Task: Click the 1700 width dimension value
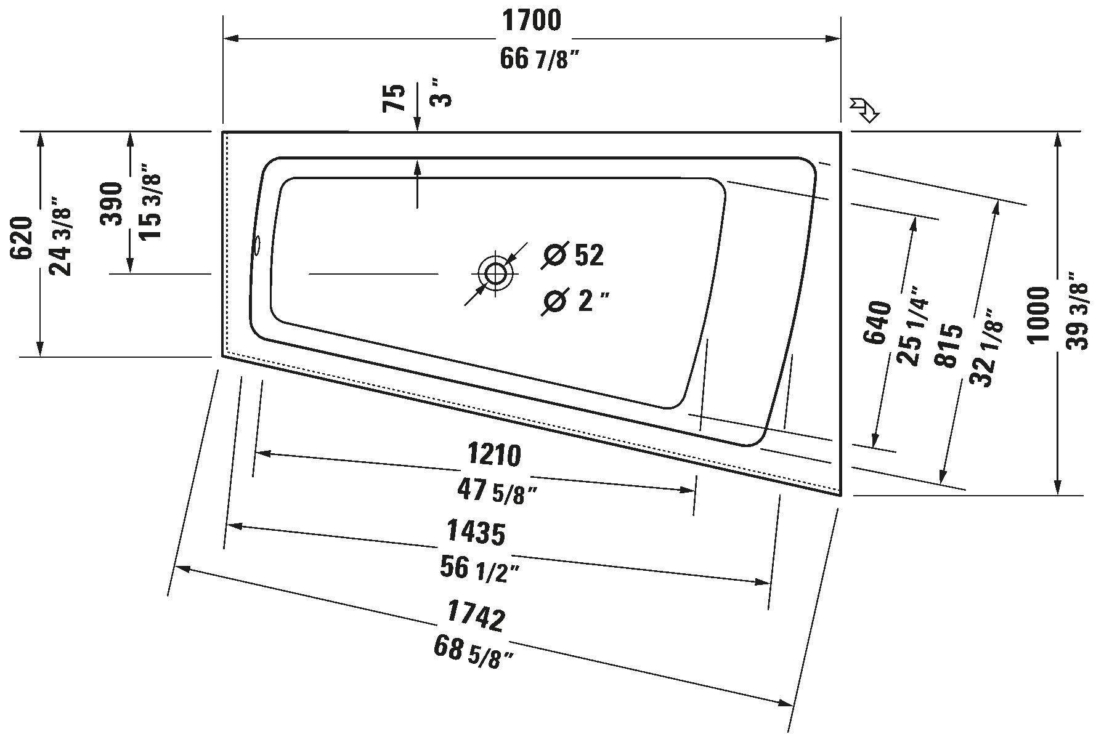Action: [532, 20]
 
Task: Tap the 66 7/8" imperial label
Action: [540, 60]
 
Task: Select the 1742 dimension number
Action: [476, 617]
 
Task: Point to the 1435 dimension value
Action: [476, 533]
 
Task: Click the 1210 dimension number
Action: [494, 456]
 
